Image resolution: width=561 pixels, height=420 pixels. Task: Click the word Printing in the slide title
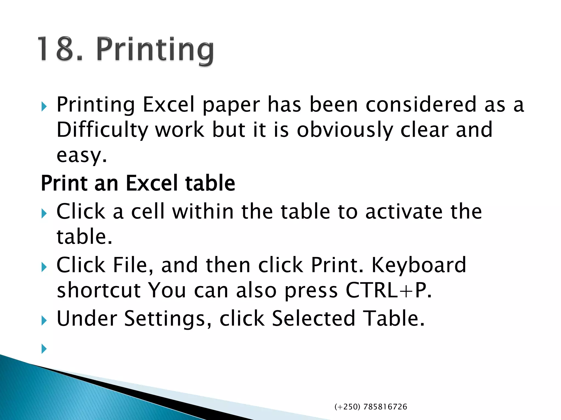[x=155, y=51]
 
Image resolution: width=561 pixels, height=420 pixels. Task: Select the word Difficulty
[x=102, y=130]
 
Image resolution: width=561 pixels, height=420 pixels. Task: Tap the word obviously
[x=345, y=130]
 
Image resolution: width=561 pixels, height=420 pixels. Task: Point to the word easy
[x=81, y=155]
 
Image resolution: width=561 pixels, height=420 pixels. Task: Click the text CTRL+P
[x=388, y=290]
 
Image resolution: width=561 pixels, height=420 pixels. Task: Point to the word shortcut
[x=98, y=290]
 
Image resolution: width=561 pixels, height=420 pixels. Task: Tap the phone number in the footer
[x=371, y=407]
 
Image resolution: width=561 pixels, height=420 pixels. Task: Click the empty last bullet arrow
[x=44, y=349]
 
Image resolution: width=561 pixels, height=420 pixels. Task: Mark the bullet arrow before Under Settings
[x=44, y=320]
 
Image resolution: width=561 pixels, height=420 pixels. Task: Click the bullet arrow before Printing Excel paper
[x=44, y=106]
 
